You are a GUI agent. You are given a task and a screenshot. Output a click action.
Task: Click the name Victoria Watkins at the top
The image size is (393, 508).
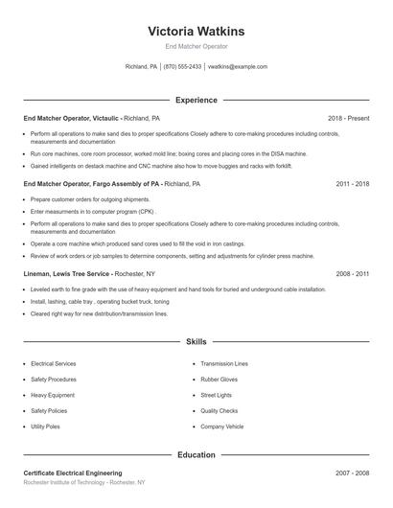[196, 31]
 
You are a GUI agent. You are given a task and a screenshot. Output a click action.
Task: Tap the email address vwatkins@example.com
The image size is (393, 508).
[237, 67]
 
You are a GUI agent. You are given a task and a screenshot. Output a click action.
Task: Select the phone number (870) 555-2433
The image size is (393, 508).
[182, 67]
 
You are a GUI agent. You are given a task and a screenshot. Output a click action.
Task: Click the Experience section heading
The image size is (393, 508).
[196, 100]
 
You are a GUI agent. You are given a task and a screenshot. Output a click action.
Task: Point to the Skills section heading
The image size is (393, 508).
[196, 341]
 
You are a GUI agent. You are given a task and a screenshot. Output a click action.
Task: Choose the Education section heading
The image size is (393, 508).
[196, 455]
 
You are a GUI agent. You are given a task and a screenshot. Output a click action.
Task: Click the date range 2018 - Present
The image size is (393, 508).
[348, 118]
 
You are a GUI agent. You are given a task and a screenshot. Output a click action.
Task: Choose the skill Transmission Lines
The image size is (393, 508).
[224, 364]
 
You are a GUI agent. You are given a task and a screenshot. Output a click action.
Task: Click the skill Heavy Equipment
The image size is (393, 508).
[53, 395]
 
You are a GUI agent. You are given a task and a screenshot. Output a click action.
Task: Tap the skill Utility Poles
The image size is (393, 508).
[46, 426]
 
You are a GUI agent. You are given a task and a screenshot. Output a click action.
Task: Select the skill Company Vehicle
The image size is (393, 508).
[222, 426]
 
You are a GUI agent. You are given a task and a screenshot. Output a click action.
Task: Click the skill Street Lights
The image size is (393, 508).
[218, 395]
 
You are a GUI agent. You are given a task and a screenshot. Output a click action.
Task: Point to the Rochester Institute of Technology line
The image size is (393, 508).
[85, 483]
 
